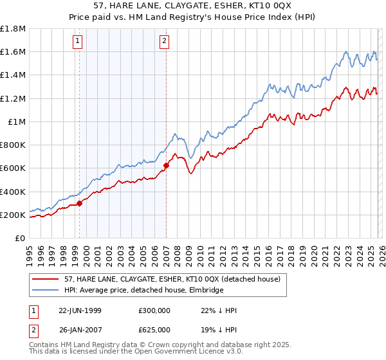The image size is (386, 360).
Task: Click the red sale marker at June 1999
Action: coord(80,203)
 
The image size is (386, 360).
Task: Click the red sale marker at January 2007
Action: coord(166,165)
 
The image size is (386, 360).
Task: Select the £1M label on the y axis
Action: coord(17,122)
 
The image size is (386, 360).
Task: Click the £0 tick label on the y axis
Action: coord(20,238)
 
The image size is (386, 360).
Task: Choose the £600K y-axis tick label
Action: coord(13,168)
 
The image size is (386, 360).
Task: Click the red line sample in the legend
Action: coord(48,280)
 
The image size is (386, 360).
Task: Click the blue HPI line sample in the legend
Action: coord(48,291)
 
